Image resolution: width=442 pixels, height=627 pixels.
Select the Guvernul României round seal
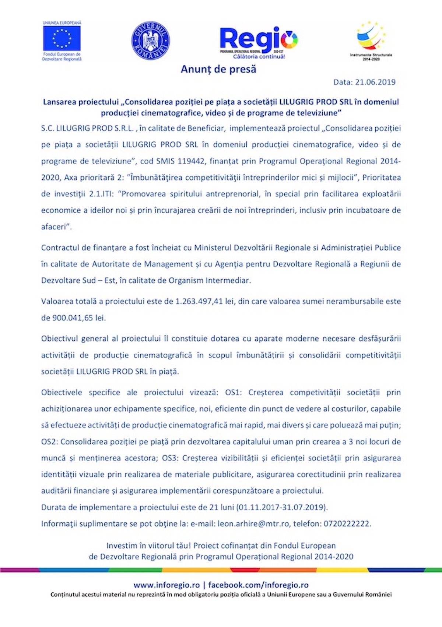point(150,40)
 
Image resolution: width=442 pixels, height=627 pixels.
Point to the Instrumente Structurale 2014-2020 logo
point(371,41)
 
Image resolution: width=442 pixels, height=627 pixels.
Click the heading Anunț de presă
point(218,69)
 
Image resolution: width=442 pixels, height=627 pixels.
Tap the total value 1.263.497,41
point(199,301)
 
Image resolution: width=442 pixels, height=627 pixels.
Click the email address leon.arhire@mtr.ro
point(253,523)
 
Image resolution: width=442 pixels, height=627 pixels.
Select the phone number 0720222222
point(347,523)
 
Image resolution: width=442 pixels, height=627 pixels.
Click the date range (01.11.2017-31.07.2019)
point(282,507)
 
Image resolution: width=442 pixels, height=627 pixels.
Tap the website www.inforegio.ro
point(166,585)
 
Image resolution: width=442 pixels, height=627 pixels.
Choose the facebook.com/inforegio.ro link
point(258,585)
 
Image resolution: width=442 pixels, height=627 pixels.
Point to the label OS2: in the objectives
point(49,442)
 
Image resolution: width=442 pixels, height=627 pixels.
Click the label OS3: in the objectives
point(170,458)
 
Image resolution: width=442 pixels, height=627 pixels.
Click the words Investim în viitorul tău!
point(148,546)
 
